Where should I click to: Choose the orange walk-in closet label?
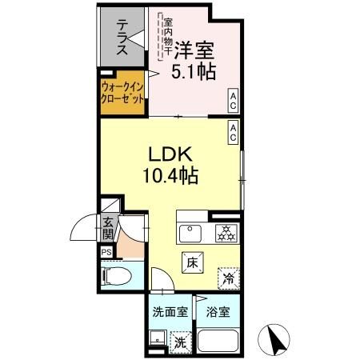click(123, 93)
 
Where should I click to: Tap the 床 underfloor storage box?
click(192, 261)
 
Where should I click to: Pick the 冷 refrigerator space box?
click(228, 278)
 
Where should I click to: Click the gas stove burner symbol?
click(226, 234)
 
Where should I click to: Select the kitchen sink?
click(190, 234)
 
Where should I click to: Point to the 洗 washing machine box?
click(182, 341)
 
